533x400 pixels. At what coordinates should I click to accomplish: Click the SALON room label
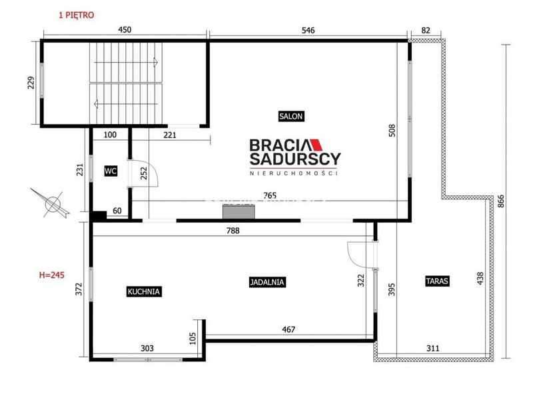(x=290, y=116)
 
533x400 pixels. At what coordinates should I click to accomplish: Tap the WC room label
(x=111, y=171)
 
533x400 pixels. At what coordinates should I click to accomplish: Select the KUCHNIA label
(x=144, y=291)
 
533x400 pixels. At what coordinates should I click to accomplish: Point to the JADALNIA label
(x=267, y=282)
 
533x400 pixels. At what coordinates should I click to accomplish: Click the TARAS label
(x=437, y=281)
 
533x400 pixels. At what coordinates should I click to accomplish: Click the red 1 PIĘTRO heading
(x=76, y=15)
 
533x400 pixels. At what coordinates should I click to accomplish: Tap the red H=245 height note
(x=52, y=275)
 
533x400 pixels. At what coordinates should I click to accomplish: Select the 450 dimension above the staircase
(x=125, y=29)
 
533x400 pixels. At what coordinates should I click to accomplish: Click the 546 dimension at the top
(x=308, y=30)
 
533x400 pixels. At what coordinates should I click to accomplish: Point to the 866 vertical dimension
(x=501, y=201)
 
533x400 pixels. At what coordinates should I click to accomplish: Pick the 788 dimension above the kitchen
(x=233, y=231)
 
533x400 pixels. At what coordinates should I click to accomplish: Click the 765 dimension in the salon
(x=270, y=195)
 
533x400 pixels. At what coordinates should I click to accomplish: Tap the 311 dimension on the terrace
(x=432, y=348)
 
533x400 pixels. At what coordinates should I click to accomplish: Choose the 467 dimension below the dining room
(x=288, y=329)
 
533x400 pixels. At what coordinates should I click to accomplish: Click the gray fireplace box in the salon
(x=239, y=211)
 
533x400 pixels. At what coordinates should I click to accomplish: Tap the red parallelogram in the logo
(x=316, y=145)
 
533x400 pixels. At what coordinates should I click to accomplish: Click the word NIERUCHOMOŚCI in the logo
(x=294, y=173)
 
